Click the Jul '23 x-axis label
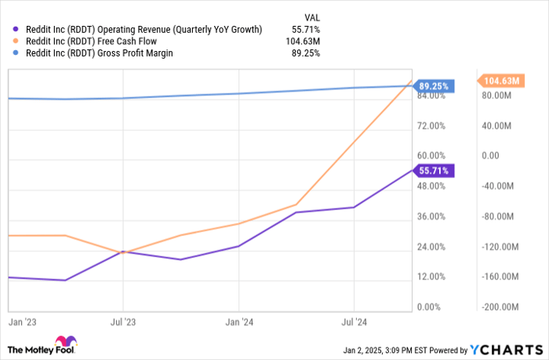122,322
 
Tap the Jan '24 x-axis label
239,322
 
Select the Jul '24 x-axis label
354,322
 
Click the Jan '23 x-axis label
20,322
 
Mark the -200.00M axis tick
498,307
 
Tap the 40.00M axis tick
498,125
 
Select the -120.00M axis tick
498,246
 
